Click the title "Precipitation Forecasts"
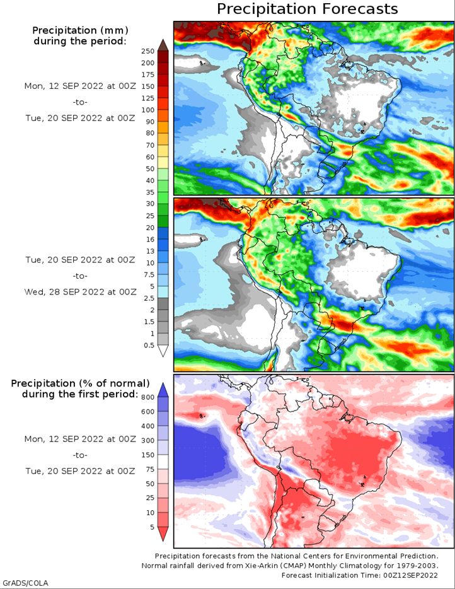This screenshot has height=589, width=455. pos(308,9)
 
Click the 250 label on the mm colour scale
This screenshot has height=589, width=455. pos(148,51)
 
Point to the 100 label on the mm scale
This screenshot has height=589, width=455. pos(148,110)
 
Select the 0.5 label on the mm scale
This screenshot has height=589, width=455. pos(149,345)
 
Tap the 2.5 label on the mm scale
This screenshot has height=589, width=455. pos(149,298)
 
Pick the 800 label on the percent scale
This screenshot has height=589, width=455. pos(148,397)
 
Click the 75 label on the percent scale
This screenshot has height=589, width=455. pos(150,469)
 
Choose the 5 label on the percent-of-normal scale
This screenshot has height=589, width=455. pos(152,527)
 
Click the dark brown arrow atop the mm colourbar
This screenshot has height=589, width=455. pos(163,45)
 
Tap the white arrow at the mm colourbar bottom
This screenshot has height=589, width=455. pos(163,351)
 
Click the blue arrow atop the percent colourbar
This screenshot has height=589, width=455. pos(163,390)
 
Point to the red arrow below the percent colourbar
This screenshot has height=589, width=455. pos(163,534)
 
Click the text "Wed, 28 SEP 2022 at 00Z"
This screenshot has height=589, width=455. pos(80,292)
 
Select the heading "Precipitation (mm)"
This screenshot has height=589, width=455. pos(80,30)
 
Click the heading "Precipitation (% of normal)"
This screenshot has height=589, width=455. pos(80,383)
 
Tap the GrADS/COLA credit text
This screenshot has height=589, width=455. pos(25,583)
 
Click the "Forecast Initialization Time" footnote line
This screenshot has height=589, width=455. pos(359,575)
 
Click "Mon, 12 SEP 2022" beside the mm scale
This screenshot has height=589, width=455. pos(64,86)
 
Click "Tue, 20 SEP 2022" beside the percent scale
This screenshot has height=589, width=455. pos(64,471)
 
